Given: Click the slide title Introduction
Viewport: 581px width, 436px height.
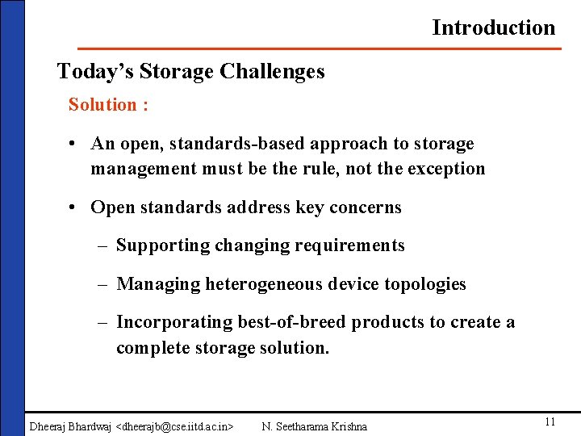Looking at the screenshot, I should coord(493,27).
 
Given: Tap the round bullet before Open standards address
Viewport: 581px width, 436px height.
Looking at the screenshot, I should coord(73,208).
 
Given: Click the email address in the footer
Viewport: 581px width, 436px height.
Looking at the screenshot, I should coord(176,426).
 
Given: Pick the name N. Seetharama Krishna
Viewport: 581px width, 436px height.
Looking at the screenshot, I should coord(315,426).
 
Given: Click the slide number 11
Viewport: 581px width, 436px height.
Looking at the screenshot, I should coord(550,422).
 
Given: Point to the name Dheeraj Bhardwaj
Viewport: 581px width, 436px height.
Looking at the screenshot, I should coord(71,426).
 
